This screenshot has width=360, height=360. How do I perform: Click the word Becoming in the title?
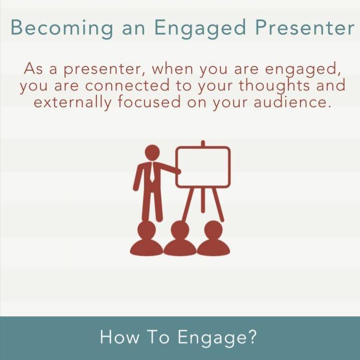coord(62,28)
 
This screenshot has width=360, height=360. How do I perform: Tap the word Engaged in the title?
coord(200,28)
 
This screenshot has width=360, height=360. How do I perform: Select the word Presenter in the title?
coord(305,28)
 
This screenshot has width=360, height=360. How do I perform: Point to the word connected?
coord(128,85)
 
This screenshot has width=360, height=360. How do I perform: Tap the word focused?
coord(149,102)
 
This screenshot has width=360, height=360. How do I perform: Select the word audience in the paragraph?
coord(293,102)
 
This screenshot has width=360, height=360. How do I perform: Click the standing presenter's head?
coord(152,152)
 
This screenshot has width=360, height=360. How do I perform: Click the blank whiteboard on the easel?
coord(203,167)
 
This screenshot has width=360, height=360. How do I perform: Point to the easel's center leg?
coord(203,200)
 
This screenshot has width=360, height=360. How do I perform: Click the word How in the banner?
coord(119,337)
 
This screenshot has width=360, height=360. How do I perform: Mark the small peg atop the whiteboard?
coord(203,143)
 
